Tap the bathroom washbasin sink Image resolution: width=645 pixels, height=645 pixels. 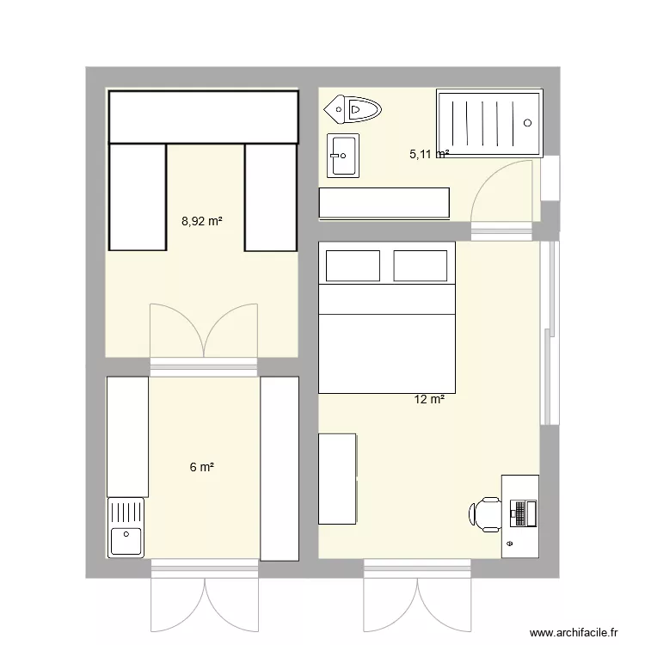[x=343, y=156]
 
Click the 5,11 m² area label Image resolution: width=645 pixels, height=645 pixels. [x=428, y=155]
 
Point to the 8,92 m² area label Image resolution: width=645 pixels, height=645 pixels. [x=201, y=221]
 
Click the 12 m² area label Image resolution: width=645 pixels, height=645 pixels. [x=429, y=399]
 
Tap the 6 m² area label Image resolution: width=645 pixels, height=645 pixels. [x=201, y=467]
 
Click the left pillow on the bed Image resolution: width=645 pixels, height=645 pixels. [x=350, y=266]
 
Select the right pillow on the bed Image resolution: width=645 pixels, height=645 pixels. [x=420, y=266]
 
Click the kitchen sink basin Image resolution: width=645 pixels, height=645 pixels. [x=126, y=541]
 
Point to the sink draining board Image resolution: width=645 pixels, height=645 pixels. [x=126, y=513]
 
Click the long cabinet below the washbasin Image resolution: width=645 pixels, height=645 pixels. [x=384, y=203]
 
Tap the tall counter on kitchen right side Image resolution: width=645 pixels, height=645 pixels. [x=279, y=469]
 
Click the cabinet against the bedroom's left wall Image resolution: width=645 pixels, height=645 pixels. [x=337, y=478]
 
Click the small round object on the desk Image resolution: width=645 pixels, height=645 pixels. [x=509, y=544]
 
